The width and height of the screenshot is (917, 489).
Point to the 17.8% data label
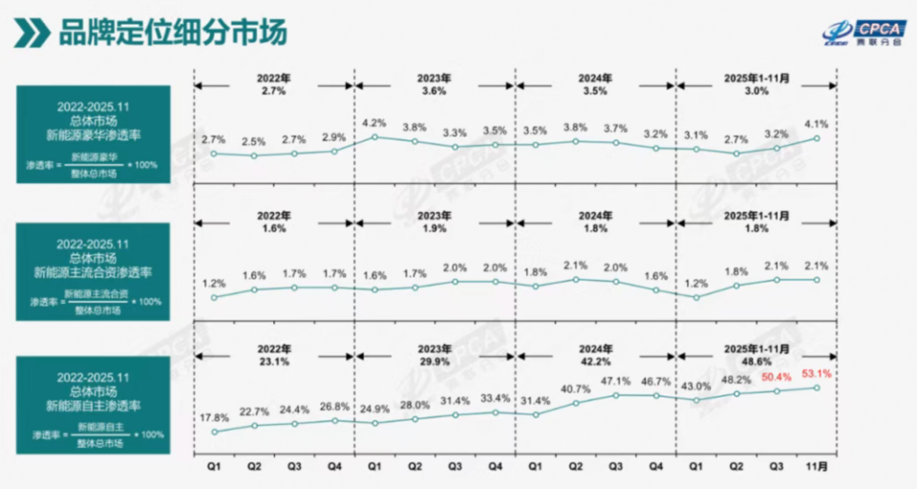(x=214, y=418)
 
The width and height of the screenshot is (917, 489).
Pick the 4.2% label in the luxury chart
(x=374, y=122)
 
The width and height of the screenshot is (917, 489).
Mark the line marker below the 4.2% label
(x=374, y=137)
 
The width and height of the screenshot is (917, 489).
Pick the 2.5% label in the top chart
(x=254, y=141)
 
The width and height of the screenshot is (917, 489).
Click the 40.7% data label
(x=575, y=389)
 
